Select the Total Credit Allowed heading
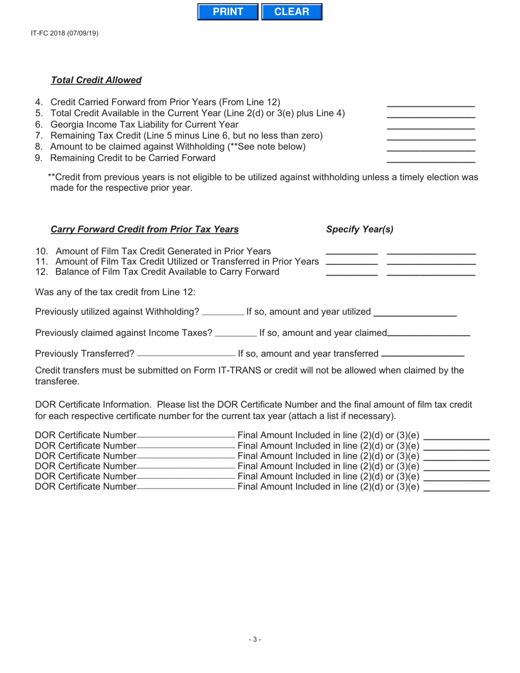point(96,80)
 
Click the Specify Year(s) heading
point(360,229)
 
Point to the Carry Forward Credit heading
point(145,229)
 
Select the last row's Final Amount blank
point(457,486)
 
